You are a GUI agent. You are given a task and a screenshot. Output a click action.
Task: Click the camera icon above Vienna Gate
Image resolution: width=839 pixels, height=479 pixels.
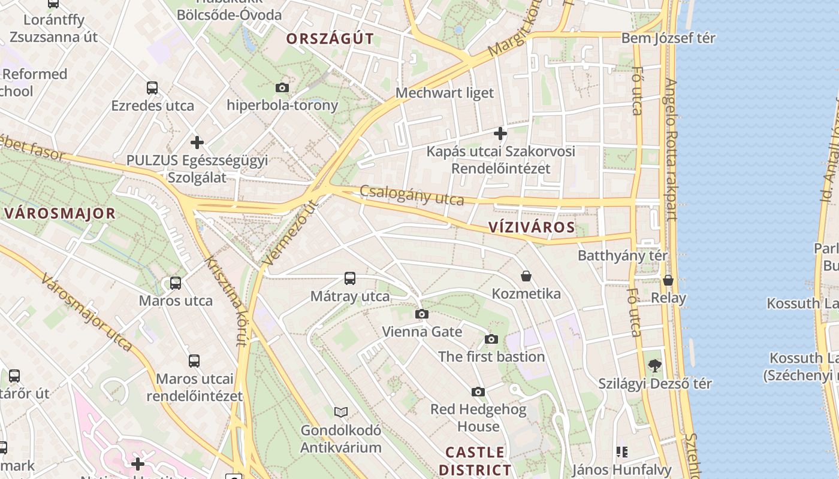(x=422, y=314)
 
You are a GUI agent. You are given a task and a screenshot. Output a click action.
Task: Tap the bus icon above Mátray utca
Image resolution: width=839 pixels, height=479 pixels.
(x=350, y=278)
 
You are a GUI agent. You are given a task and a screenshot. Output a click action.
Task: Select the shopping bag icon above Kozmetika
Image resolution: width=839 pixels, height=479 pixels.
(x=526, y=276)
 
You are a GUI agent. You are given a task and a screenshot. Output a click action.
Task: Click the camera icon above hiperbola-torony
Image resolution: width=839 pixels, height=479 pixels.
(x=282, y=88)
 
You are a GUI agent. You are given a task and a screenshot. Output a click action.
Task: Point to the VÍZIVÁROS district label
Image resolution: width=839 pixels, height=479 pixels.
(x=532, y=227)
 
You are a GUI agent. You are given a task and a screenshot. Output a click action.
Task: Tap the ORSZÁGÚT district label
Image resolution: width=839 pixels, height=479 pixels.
(x=330, y=39)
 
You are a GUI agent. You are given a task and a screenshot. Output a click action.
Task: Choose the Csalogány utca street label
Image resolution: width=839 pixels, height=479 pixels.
(x=412, y=195)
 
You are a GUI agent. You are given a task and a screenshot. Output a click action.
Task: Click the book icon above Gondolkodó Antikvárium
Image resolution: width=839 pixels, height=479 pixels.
(x=341, y=412)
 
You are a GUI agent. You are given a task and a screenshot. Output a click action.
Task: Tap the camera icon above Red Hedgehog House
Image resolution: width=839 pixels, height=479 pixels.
(x=478, y=392)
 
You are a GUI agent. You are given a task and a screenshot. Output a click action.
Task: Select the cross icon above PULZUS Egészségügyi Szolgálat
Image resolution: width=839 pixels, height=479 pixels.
(x=197, y=143)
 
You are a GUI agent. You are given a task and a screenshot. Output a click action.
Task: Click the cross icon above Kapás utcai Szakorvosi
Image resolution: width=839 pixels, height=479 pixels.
(x=500, y=133)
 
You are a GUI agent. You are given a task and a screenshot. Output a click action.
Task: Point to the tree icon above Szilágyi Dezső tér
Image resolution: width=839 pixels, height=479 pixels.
(x=655, y=365)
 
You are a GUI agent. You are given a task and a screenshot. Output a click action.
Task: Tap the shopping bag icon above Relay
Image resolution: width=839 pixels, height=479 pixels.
(x=668, y=280)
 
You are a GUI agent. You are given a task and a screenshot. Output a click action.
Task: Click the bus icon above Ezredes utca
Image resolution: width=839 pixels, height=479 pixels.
(x=152, y=88)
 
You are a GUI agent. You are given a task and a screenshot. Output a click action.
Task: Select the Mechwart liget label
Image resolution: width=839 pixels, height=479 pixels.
(x=445, y=93)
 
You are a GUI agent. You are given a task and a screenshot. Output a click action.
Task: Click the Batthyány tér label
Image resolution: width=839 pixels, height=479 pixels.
(x=623, y=256)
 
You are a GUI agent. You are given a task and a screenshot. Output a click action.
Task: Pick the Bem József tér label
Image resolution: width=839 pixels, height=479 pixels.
(x=668, y=38)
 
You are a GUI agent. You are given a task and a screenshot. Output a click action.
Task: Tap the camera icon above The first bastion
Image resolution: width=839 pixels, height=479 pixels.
(x=491, y=339)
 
